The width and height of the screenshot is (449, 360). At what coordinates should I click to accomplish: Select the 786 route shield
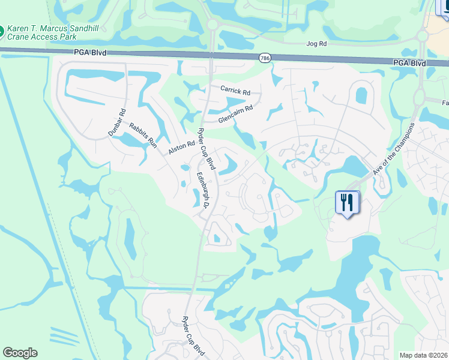[265, 58]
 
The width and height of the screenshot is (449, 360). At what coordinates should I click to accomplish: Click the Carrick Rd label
[235, 91]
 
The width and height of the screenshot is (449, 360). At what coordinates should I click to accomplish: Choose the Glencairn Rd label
[236, 112]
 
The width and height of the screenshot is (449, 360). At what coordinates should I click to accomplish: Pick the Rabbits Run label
[143, 134]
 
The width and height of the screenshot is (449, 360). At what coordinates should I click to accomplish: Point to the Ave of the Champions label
[394, 149]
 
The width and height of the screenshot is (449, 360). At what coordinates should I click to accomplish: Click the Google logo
[20, 353]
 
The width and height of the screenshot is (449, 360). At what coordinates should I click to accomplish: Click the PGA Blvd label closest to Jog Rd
[410, 62]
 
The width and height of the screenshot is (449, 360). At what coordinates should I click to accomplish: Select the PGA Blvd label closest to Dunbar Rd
[91, 53]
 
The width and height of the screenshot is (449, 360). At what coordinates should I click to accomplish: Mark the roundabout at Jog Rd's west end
[212, 24]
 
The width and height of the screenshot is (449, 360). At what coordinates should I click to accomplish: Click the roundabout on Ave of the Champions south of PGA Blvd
[420, 97]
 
